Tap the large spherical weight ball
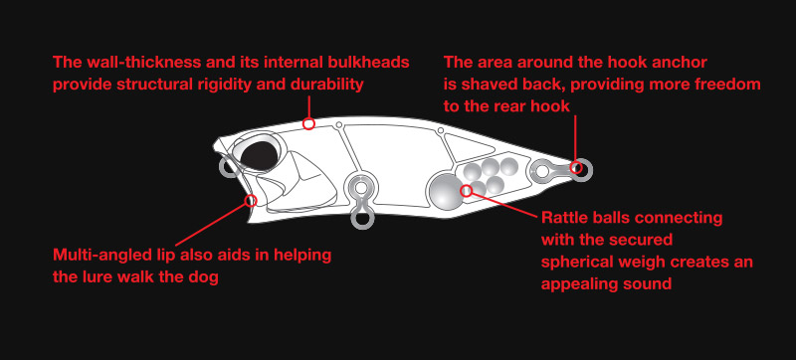tap(446, 190)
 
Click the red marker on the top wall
tap(308, 123)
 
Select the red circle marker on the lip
tap(250, 201)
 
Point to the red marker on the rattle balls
tap(466, 190)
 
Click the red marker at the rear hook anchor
tap(576, 167)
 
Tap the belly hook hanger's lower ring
tap(361, 219)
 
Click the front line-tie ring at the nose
tap(228, 167)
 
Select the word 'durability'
tap(327, 85)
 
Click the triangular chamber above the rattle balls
tap(466, 147)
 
